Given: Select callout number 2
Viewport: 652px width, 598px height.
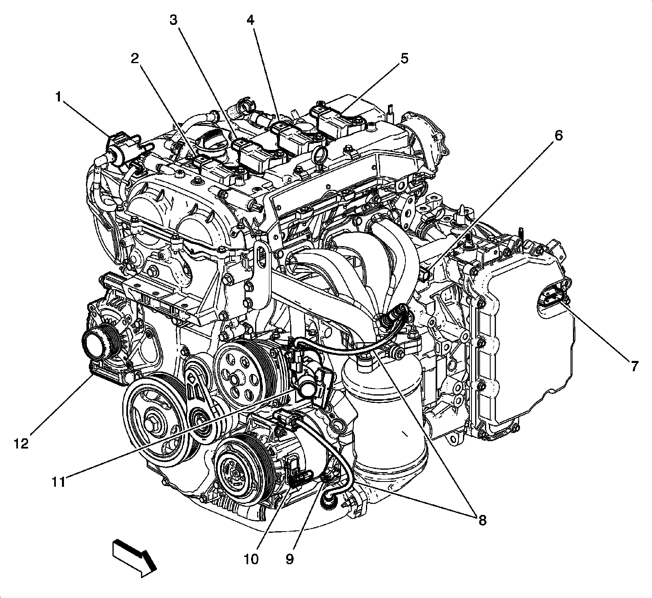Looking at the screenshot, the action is coord(135,59).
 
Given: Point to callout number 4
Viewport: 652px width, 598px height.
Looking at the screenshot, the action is coord(250,20).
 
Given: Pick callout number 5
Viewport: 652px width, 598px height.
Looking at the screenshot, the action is coord(403,59).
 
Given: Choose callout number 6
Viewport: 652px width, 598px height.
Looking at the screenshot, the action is coord(558,136).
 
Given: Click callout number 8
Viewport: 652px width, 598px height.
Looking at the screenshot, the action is coord(482,520).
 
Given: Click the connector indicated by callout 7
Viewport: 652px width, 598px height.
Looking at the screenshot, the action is coord(553,292).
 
